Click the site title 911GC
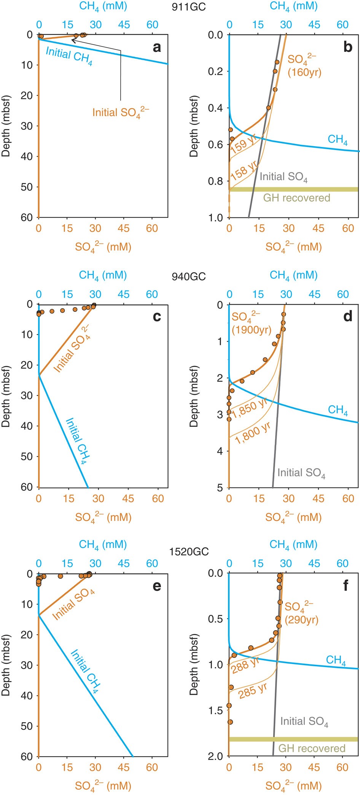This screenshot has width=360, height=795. (x=188, y=7)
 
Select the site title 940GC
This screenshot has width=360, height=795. (x=188, y=276)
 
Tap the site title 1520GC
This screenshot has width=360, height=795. (x=189, y=552)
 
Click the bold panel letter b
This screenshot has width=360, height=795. (x=347, y=47)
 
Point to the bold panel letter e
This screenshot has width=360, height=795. (x=157, y=586)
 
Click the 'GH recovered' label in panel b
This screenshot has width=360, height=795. (x=296, y=198)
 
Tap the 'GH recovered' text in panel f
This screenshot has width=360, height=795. (x=312, y=748)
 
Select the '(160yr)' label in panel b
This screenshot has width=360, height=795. (x=304, y=72)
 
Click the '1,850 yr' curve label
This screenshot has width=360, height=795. (x=250, y=408)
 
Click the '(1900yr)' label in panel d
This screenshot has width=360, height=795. (x=252, y=330)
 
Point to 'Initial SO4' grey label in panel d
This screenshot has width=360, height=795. (x=301, y=473)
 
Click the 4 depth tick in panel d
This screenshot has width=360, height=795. (x=220, y=451)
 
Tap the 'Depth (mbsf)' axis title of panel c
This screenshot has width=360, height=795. (x=6, y=396)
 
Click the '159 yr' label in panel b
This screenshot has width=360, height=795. (x=243, y=144)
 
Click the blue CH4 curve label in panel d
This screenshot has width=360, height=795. (x=338, y=410)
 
